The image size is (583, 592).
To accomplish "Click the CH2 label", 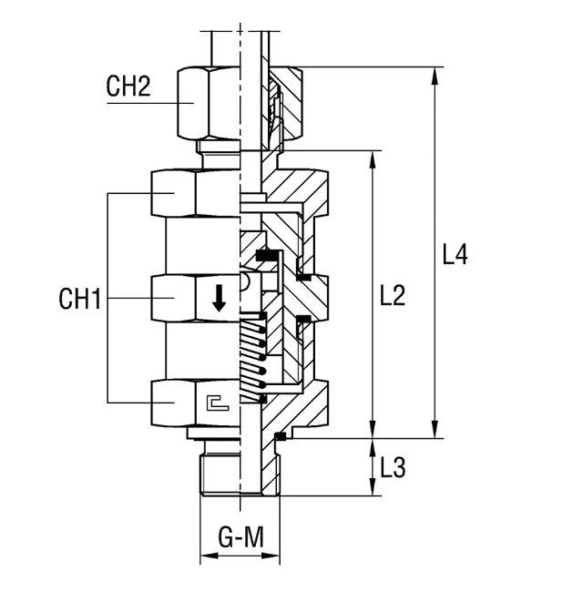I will click(x=128, y=87).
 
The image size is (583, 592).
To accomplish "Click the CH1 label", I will click(x=79, y=298).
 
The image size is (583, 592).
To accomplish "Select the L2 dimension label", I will click(x=394, y=296).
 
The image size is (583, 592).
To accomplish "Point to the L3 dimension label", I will click(x=393, y=468).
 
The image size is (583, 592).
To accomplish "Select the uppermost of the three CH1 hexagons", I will click(x=195, y=192).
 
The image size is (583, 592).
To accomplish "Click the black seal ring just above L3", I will click(x=280, y=437).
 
